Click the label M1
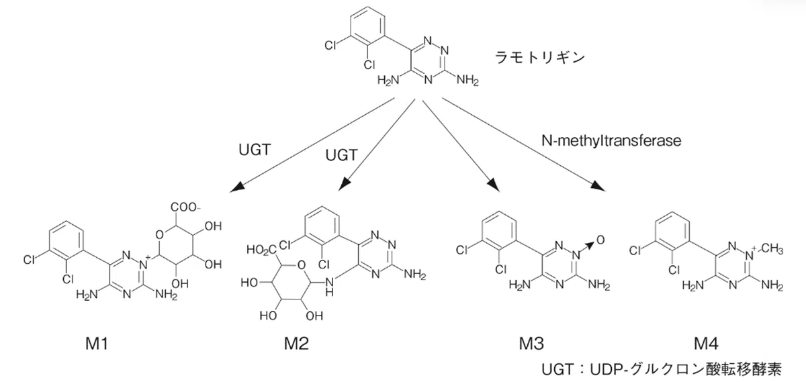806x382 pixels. (x=97, y=344)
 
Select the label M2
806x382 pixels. (x=296, y=344)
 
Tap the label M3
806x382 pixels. (x=531, y=344)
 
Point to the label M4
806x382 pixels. (x=706, y=344)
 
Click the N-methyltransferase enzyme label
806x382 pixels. (x=611, y=140)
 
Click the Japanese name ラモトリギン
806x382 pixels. (x=540, y=58)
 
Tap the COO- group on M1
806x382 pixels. (x=185, y=207)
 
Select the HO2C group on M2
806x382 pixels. (x=261, y=250)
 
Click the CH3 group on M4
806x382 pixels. (x=772, y=248)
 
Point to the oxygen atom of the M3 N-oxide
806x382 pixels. (x=600, y=240)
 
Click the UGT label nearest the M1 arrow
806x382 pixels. (x=255, y=150)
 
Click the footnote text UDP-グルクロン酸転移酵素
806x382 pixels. (x=686, y=369)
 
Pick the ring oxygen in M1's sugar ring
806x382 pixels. (x=159, y=235)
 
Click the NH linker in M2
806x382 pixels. (x=329, y=287)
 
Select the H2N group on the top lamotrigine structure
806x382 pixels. (x=389, y=80)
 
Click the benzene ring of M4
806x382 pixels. (x=672, y=232)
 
